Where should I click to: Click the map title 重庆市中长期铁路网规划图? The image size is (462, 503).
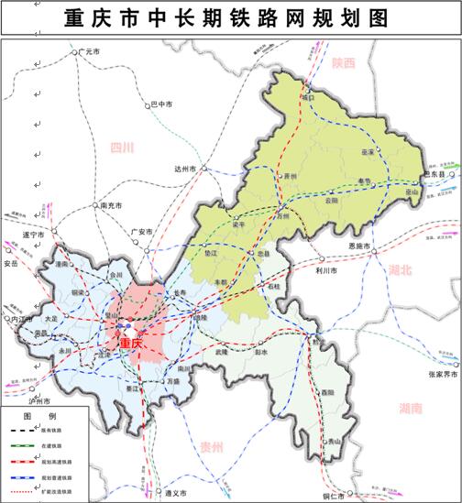231,18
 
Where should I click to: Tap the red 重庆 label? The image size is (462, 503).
132,344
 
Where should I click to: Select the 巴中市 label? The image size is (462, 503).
161,104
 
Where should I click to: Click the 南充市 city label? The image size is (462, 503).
114,206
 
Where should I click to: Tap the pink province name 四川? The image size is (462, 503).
122,147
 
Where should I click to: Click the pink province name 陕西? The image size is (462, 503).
344,63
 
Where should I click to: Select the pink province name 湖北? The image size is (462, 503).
401,270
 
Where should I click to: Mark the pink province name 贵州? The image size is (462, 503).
213,445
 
